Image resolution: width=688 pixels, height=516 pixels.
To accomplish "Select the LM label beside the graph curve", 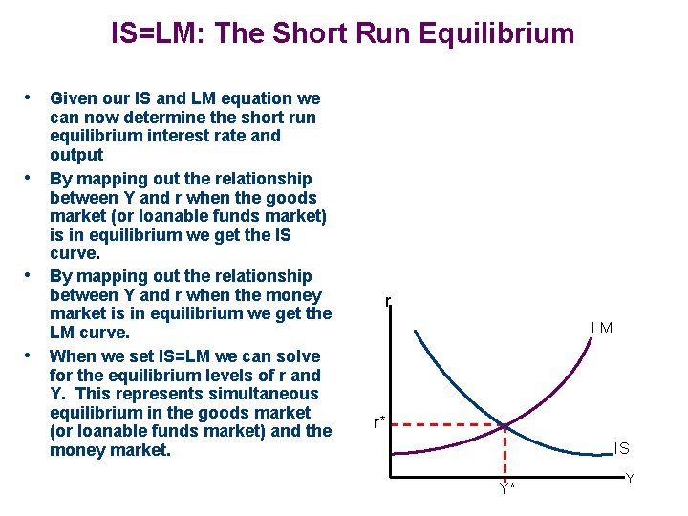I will click(602, 329).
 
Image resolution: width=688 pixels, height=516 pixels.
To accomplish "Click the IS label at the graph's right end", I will click(621, 447).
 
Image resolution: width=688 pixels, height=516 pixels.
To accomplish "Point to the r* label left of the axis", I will click(380, 421).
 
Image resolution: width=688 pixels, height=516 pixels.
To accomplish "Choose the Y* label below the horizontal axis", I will click(506, 488).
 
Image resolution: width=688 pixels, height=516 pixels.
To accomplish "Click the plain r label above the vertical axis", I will click(388, 302).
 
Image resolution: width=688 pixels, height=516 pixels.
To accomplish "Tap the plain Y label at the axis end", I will click(630, 477).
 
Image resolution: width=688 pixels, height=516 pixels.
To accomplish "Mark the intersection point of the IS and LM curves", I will click(505, 424).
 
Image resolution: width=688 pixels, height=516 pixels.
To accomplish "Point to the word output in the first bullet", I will click(76, 154).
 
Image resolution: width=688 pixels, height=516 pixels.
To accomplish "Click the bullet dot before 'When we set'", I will click(30, 356).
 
